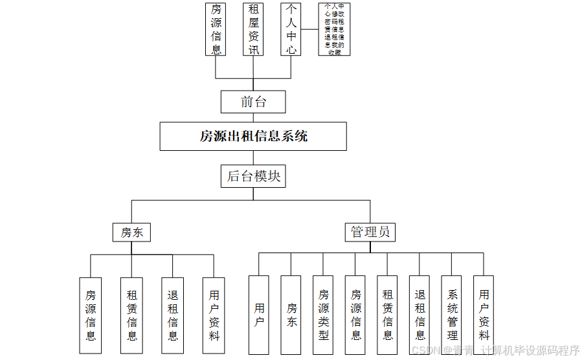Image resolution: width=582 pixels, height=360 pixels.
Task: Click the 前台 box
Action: coord(253,102)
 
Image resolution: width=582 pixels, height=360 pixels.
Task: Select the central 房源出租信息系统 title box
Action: coord(253,137)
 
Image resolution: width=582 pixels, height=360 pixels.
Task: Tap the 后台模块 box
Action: coord(253,176)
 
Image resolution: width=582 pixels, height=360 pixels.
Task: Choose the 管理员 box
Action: coord(370,232)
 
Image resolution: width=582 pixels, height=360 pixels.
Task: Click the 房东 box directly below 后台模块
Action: coord(131,232)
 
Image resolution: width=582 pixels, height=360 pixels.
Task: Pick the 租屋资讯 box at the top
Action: coord(254,29)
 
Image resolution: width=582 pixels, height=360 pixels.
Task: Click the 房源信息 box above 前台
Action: coord(216,29)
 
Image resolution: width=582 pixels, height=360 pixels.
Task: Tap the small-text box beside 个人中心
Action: coord(334,29)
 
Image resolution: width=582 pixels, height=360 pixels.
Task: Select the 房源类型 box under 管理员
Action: coord(323,315)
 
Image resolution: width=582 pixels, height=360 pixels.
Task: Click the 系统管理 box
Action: coord(452,315)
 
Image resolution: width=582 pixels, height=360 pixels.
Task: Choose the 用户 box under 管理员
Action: coord(259,315)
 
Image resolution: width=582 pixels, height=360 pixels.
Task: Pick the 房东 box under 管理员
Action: coord(291,315)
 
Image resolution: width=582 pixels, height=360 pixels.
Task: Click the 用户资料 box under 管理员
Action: coord(484,315)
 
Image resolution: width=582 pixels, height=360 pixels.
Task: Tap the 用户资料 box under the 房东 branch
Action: coord(214,315)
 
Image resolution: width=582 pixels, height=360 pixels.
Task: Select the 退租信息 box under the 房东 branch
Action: coord(173,315)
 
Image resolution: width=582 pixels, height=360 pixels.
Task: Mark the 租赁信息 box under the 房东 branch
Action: coord(131,315)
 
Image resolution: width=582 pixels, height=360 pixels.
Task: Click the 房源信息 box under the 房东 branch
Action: coord(91,315)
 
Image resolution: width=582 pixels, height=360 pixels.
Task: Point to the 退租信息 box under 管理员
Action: coord(420,315)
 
